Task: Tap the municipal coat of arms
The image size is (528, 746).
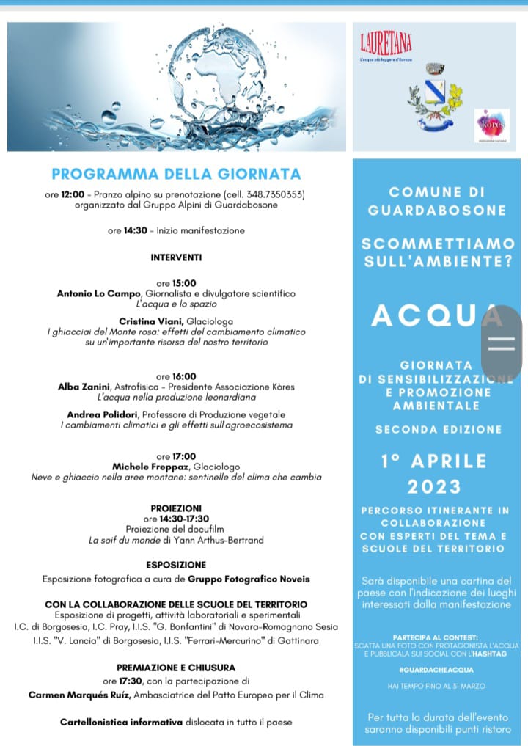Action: [434, 98]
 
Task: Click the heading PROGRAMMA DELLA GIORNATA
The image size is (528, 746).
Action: [176, 174]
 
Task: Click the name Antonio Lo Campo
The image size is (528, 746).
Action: [94, 293]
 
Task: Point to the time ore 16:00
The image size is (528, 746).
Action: [176, 376]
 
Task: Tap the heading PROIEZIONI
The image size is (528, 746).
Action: [176, 508]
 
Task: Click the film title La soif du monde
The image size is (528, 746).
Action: [129, 541]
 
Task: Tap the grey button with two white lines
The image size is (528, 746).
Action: [502, 343]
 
